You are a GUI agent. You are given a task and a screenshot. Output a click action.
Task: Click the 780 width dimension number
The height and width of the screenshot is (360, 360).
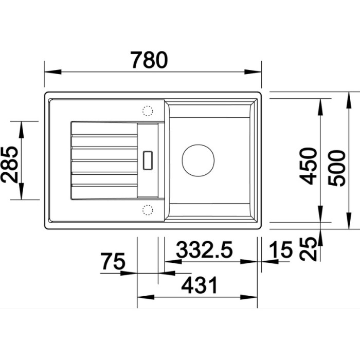149,60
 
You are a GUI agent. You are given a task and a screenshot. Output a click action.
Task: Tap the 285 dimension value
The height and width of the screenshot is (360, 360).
9,165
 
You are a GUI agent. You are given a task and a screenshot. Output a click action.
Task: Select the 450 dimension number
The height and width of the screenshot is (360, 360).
308,166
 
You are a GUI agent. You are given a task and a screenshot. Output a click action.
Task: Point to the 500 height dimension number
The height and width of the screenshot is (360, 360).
336,168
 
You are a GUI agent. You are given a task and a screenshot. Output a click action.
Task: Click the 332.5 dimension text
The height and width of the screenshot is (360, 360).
204,249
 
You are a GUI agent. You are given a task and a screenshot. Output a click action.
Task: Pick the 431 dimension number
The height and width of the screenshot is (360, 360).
199,285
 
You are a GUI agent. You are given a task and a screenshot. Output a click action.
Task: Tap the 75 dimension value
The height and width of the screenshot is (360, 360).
113,261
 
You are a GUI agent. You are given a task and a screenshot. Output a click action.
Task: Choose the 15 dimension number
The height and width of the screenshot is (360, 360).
281,249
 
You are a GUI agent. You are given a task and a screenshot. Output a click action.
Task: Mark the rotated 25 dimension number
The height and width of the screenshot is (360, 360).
308,249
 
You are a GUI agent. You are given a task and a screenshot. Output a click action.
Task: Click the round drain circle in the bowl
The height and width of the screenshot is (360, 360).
198,160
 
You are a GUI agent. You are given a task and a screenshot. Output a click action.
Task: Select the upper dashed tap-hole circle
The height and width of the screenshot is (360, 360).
148,111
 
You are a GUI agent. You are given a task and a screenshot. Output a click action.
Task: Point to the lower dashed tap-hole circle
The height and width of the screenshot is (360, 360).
148,210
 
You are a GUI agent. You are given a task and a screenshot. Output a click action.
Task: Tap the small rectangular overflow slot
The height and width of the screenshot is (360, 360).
148,160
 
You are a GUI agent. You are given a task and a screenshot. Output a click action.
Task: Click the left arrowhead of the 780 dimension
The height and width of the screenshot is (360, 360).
53,71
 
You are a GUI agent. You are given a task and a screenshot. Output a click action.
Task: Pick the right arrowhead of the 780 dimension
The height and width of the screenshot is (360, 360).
253,71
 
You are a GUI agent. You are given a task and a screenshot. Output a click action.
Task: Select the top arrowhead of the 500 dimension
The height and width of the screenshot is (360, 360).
349,100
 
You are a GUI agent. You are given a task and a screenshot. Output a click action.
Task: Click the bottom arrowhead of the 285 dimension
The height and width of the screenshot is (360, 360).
21,191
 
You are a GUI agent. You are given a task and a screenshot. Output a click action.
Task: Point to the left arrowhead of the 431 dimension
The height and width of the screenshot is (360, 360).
146,297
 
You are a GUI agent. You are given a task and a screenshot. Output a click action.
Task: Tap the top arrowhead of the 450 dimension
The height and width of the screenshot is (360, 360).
320,107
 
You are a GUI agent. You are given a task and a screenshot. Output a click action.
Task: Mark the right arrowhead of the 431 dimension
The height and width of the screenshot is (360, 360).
248,297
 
